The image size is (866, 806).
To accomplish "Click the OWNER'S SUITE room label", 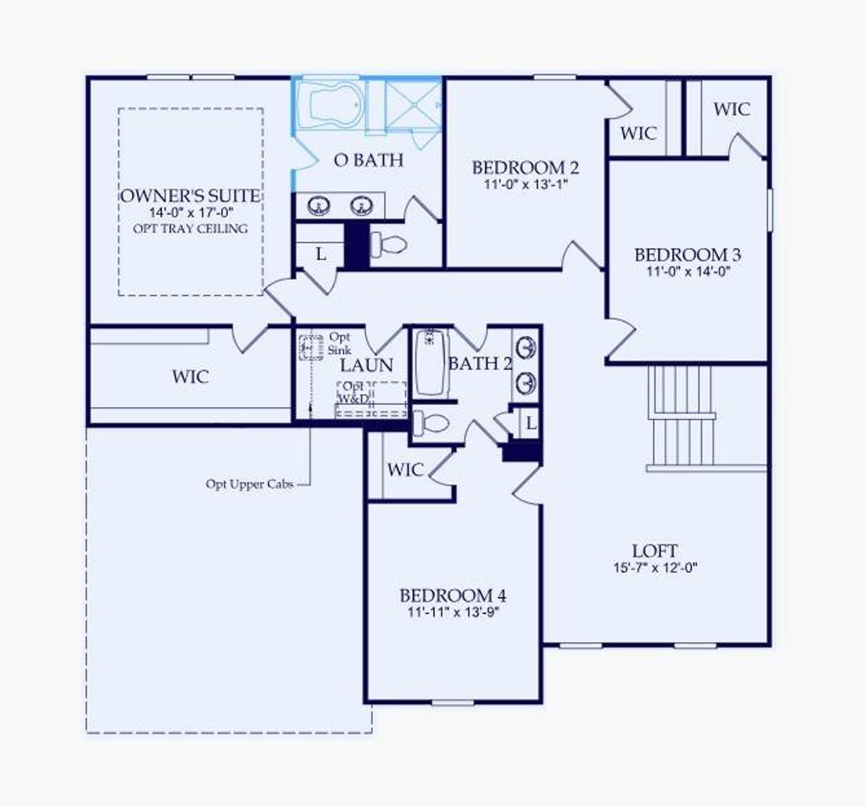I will pyautogui.click(x=190, y=196).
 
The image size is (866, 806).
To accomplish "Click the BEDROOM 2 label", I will pyautogui.click(x=525, y=167).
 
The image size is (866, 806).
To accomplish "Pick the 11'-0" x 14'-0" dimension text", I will pyautogui.click(x=687, y=272).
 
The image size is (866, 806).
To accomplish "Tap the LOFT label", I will pyautogui.click(x=655, y=551).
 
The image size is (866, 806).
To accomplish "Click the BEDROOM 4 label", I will pyautogui.click(x=453, y=596).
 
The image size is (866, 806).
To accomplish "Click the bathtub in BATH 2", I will pyautogui.click(x=430, y=362).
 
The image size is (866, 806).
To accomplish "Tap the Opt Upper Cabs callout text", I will pyautogui.click(x=250, y=484).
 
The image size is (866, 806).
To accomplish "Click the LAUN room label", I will pyautogui.click(x=366, y=366).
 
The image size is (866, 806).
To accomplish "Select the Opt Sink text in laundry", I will pyautogui.click(x=340, y=343).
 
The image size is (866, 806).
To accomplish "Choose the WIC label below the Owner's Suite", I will pyautogui.click(x=190, y=377).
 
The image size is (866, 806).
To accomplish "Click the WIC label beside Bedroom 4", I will pyautogui.click(x=405, y=470).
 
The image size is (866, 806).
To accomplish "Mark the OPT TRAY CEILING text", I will pyautogui.click(x=190, y=229).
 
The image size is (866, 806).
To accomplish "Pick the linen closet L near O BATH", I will pyautogui.click(x=321, y=254).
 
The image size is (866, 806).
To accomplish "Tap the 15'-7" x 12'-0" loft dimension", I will pyautogui.click(x=655, y=568).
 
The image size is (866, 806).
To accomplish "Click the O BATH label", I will pyautogui.click(x=369, y=160).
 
